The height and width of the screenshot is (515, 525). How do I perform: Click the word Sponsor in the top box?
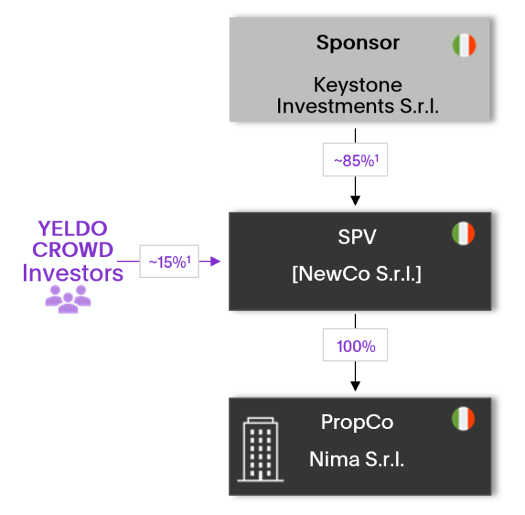358,43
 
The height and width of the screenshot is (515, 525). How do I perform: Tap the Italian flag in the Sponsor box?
464,45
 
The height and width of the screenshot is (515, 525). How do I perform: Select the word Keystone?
358,85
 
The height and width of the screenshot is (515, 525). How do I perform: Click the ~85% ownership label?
355,161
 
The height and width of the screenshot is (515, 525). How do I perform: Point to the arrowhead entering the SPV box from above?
355,200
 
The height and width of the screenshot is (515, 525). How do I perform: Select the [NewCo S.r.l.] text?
358,275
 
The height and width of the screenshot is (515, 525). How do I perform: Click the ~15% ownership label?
169,262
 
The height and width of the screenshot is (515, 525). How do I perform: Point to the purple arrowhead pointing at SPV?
217,261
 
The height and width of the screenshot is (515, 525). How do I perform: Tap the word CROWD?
72,250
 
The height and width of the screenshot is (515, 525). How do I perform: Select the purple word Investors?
72,273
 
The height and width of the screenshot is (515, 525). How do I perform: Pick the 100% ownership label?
355,346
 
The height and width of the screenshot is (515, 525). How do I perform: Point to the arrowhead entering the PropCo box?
355,387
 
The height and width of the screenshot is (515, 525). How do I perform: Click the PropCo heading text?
358,423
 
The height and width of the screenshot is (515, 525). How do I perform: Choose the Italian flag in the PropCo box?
463,419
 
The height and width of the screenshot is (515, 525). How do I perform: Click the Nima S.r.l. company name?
358,459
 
